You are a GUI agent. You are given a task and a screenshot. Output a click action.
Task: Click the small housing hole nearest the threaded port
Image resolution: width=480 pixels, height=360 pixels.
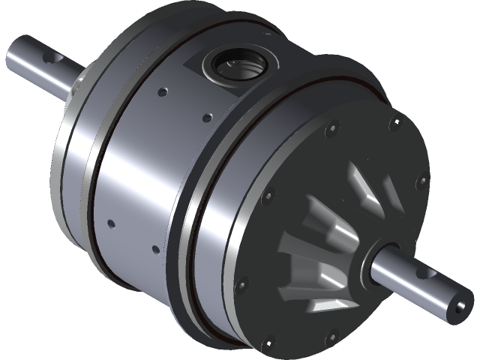coord(206,117)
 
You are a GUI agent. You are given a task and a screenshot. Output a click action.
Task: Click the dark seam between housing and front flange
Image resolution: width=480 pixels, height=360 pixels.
coord(187,217)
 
